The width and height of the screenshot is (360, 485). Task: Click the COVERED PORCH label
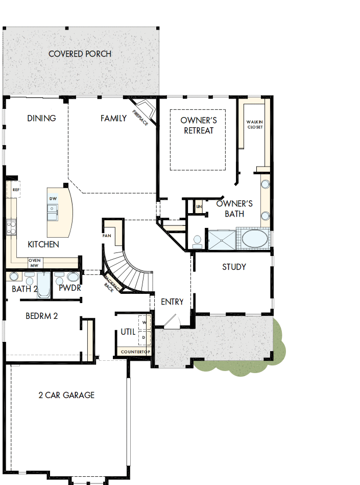80,54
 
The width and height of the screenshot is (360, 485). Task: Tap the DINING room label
41,119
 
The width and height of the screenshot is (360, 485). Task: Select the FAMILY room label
113,119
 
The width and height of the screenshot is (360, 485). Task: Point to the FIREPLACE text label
140,118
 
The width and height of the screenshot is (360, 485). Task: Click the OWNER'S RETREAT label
199,125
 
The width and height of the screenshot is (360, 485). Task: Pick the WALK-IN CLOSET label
254,124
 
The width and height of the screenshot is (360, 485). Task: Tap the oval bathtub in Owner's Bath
254,239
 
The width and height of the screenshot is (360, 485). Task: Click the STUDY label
234,267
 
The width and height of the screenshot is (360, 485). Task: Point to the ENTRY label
172,302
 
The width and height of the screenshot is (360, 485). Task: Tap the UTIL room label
128,332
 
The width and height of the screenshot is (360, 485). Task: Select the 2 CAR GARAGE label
66,395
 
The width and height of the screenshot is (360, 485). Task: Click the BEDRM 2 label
42,316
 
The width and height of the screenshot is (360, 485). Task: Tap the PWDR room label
69,288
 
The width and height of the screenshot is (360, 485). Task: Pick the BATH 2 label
25,289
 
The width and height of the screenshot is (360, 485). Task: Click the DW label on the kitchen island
53,198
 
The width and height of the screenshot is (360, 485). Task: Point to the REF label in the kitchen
16,190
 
